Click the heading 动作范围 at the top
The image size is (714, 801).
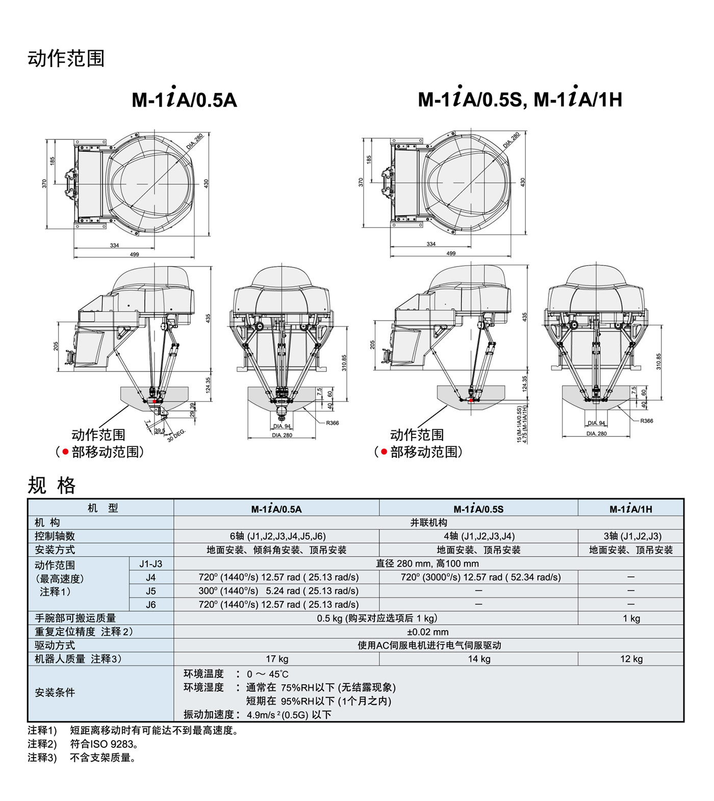click(66, 58)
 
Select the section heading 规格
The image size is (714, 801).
click(52, 485)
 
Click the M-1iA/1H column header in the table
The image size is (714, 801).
click(631, 508)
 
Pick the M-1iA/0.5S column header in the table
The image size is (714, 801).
click(478, 508)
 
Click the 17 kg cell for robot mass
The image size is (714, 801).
click(277, 659)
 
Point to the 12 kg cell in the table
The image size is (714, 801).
click(631, 659)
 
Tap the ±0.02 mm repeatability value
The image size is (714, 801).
click(428, 632)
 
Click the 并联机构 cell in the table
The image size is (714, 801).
click(428, 523)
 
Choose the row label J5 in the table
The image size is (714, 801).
click(151, 591)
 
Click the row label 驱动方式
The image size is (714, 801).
click(55, 645)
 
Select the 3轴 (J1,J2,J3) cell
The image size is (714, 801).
click(632, 536)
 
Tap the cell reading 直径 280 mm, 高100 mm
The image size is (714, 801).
click(427, 564)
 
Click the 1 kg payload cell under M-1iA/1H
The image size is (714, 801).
click(631, 618)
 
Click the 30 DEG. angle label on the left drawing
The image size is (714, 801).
click(177, 435)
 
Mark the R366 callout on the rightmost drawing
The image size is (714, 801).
click(647, 421)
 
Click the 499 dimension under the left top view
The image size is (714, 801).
click(134, 254)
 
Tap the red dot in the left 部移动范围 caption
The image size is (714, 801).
click(65, 452)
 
